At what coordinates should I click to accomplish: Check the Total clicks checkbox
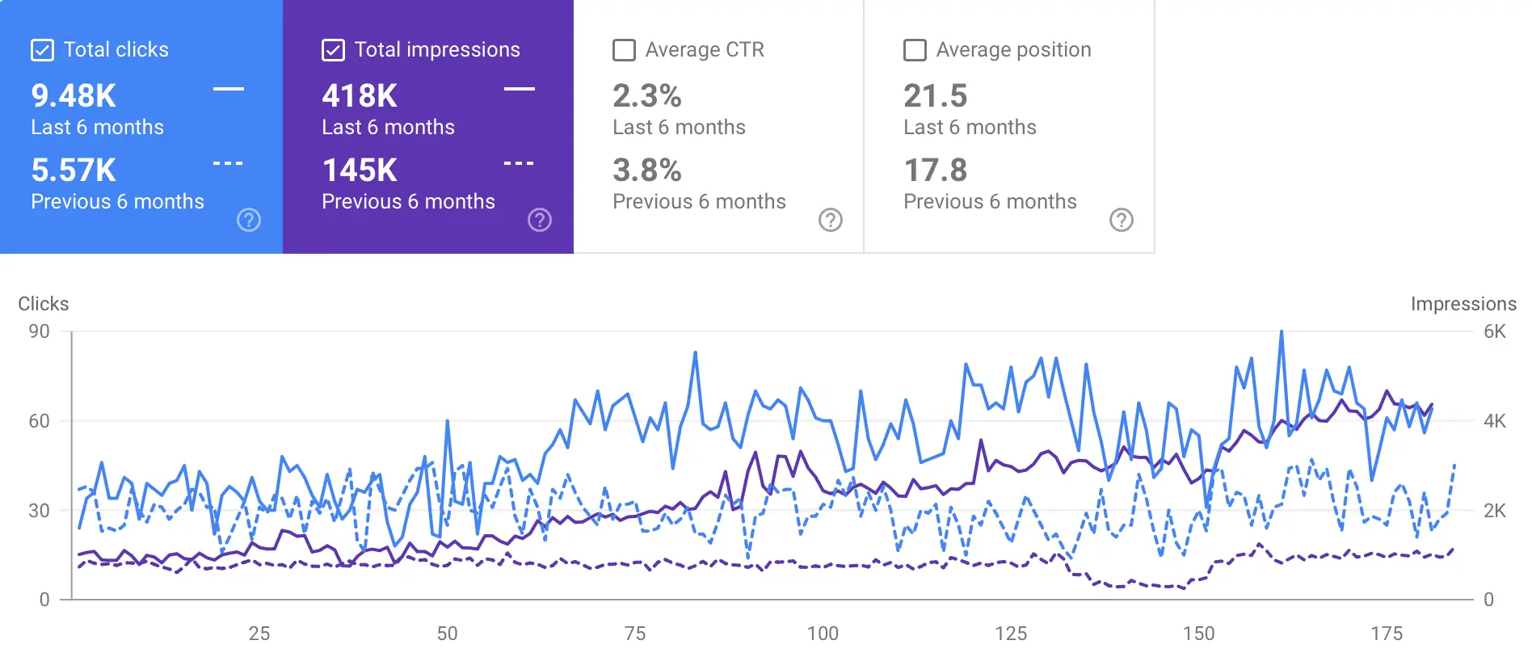(x=42, y=50)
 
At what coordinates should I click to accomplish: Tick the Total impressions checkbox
(x=333, y=50)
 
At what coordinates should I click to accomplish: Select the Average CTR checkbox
(x=624, y=50)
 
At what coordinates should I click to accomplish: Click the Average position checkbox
(x=915, y=50)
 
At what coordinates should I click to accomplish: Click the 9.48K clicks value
(x=74, y=96)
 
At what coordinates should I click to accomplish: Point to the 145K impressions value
(x=360, y=171)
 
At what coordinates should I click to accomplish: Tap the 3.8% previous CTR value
(x=647, y=171)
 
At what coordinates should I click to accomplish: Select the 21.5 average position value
(x=935, y=96)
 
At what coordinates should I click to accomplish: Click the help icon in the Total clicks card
(x=249, y=220)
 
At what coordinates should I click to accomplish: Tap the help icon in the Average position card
(x=1122, y=220)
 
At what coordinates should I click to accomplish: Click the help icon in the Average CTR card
(x=831, y=220)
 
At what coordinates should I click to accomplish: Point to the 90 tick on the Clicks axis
(x=39, y=331)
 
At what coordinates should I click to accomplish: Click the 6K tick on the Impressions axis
(x=1495, y=331)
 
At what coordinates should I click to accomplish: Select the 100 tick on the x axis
(x=823, y=634)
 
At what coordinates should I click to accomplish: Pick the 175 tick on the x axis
(x=1387, y=634)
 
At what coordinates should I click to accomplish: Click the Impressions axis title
(x=1463, y=304)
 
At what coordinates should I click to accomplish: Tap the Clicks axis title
(x=44, y=304)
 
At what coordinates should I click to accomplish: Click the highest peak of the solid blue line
(x=1282, y=332)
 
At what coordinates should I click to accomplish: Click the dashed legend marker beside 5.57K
(x=228, y=163)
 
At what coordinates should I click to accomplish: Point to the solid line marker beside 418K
(x=520, y=89)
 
